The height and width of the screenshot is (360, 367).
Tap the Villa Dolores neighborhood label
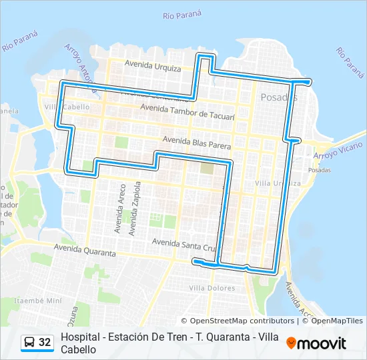[x=212, y=288]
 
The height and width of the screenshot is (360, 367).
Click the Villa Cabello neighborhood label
[x=65, y=107]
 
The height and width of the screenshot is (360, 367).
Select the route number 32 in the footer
[x=45, y=342]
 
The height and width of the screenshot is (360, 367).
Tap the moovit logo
[x=316, y=343]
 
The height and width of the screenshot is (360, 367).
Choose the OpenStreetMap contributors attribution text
[x=238, y=321]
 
